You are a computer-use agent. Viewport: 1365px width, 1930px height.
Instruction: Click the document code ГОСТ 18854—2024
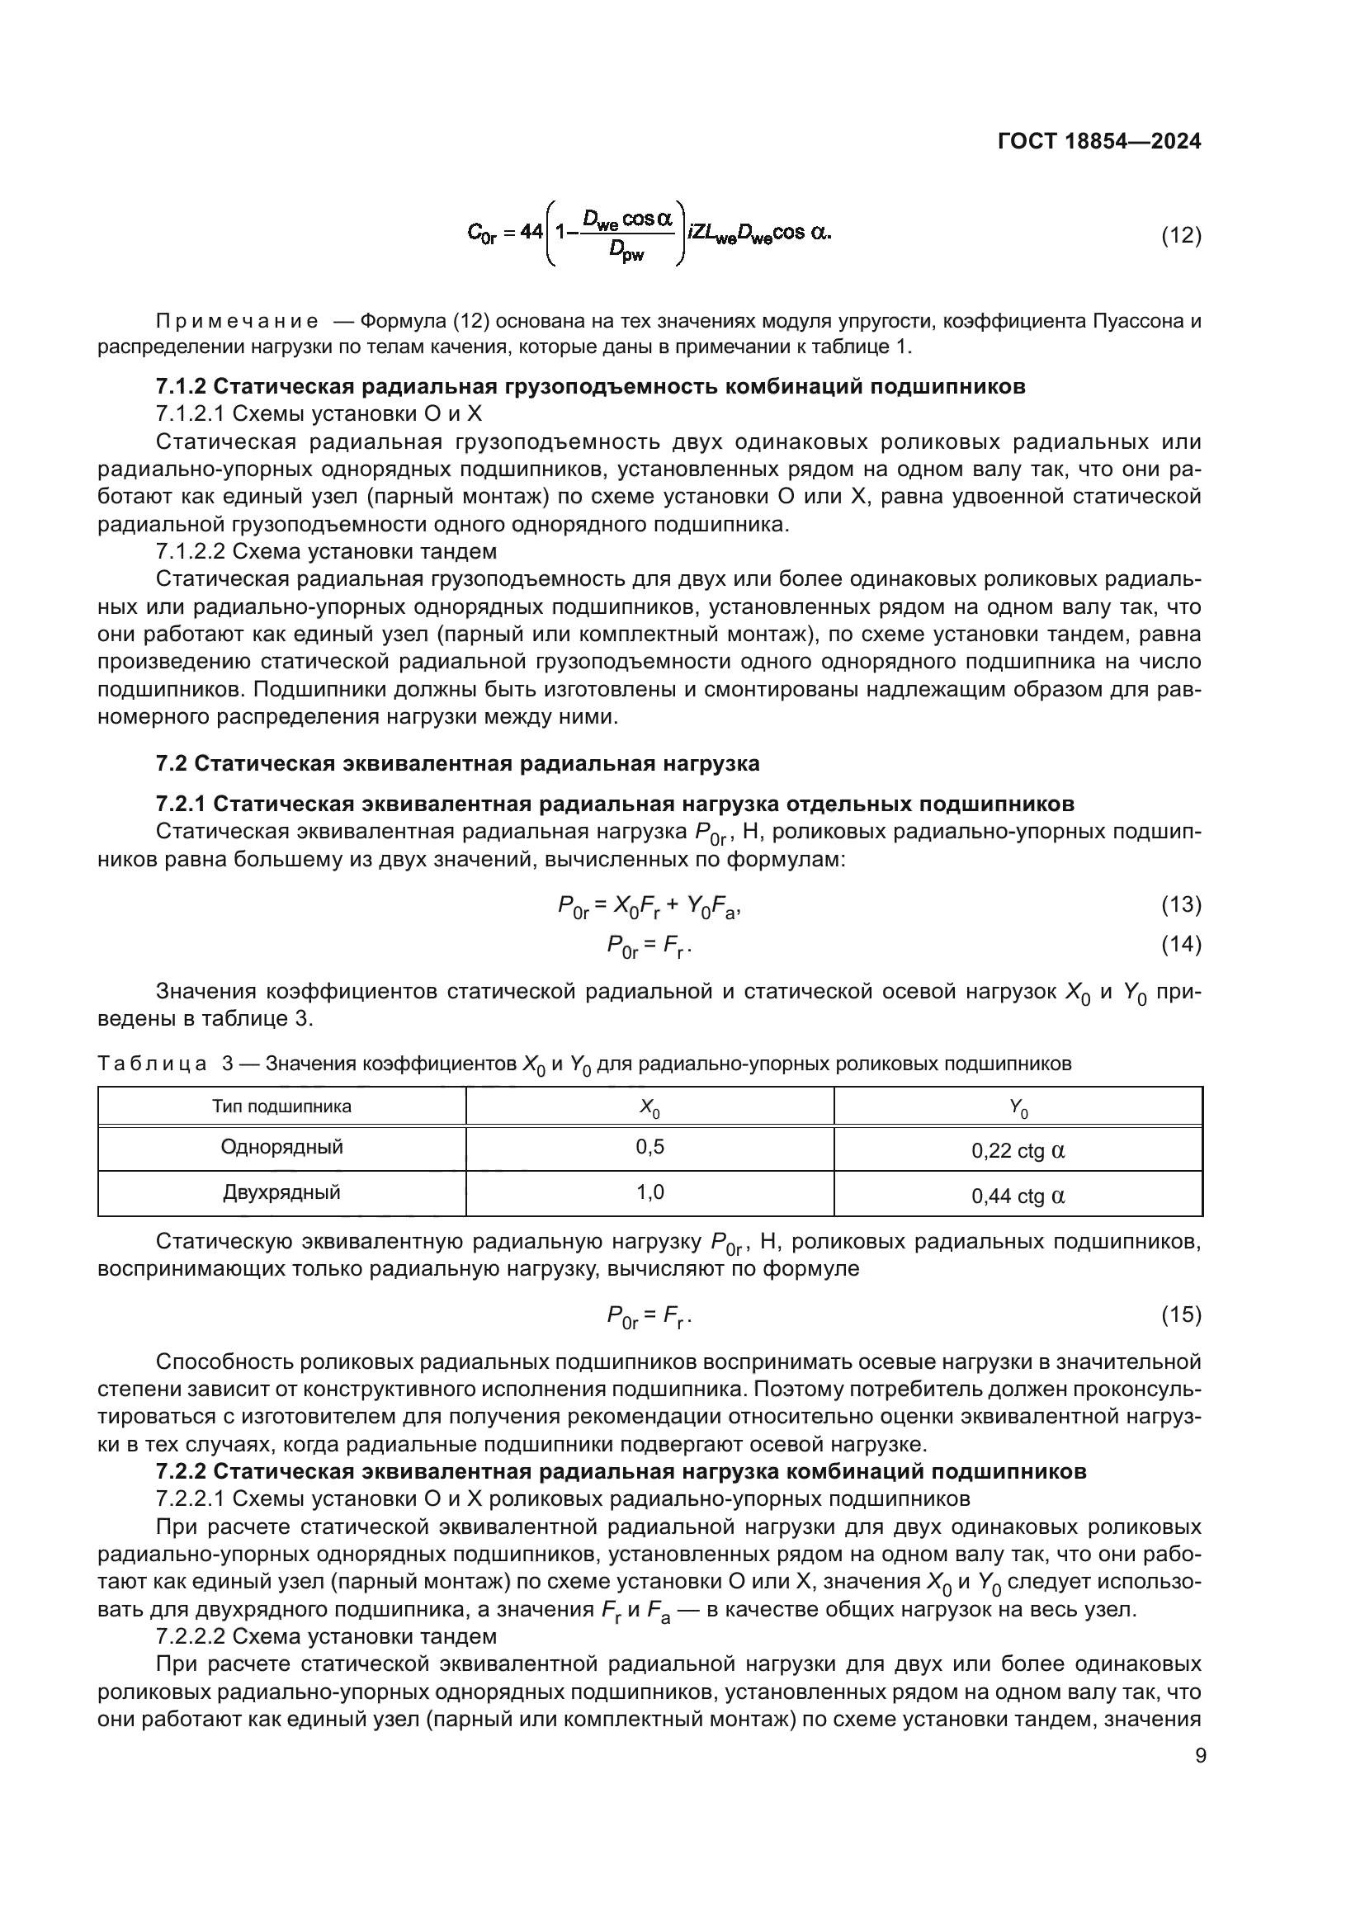pos(1098,141)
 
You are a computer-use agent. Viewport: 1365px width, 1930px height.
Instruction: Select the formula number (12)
pos(1180,235)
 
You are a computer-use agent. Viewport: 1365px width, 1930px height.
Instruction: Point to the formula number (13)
pos(1180,904)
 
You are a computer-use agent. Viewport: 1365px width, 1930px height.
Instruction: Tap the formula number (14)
pos(1180,944)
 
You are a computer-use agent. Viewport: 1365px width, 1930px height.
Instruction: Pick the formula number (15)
pos(1180,1314)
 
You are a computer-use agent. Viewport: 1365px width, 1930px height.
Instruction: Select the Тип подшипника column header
pos(281,1107)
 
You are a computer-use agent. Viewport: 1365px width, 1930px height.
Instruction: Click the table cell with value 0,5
pos(649,1148)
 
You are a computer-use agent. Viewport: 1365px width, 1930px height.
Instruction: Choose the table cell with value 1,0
pos(649,1192)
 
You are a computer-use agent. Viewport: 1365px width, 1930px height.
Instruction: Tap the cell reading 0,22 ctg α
pos(1018,1151)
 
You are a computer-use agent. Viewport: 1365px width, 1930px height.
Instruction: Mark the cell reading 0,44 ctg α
pos(1018,1196)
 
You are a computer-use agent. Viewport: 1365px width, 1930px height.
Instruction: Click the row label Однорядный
pos(281,1148)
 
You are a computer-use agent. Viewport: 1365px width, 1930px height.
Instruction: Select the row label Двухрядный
pos(281,1192)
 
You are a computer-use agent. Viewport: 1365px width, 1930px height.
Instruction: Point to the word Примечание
pos(237,321)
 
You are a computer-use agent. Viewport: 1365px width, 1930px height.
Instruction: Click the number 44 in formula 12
pos(531,232)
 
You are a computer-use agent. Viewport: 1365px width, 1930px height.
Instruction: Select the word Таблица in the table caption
pos(152,1064)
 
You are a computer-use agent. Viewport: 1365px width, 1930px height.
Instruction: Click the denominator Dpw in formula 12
pos(626,252)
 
